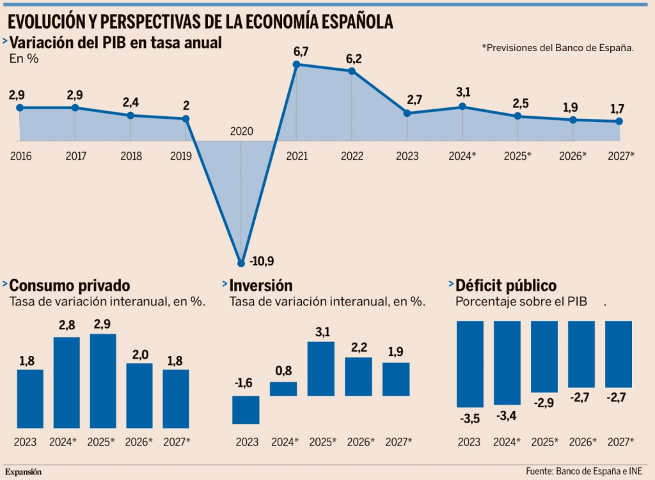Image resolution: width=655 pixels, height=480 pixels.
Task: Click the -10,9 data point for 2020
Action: pos(241,262)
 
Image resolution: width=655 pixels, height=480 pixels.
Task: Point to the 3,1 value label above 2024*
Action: pos(462,91)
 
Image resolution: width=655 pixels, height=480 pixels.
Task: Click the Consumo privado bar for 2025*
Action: pos(103,380)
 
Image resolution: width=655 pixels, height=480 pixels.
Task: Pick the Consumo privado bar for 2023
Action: pos(29,398)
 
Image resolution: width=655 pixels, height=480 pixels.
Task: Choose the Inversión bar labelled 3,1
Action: pos(321,369)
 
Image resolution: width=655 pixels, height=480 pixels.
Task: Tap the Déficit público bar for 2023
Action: pos(470,364)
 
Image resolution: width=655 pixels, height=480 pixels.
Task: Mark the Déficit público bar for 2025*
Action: pos(544,356)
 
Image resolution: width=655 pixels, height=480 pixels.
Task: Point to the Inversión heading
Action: pos(260,285)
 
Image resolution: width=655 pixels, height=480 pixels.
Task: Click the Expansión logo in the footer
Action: pos(24,472)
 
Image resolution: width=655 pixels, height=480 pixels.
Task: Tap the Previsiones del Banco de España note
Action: pos(557,47)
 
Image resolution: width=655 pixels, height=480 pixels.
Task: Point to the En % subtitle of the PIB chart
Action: pos(24,58)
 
